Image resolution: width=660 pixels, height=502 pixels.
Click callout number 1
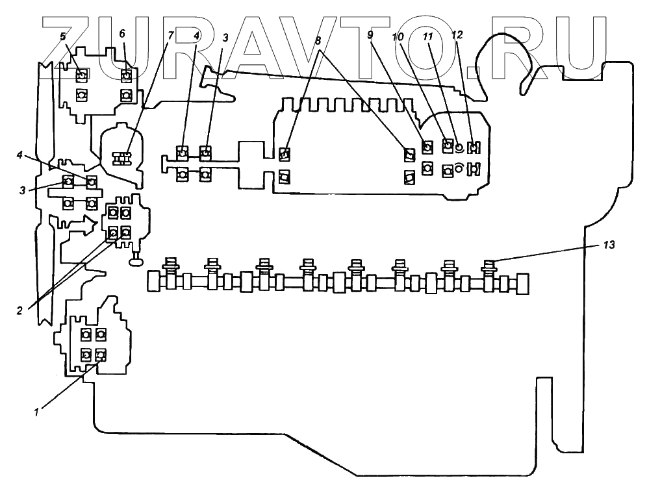[37, 410]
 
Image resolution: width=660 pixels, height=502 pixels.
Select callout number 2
[19, 310]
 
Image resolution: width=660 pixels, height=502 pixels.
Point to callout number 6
[122, 34]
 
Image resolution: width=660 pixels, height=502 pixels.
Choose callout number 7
[171, 36]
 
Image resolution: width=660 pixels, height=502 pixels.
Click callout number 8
[318, 41]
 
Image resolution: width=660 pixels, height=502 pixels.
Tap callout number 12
[457, 36]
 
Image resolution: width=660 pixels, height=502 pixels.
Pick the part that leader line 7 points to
[121, 158]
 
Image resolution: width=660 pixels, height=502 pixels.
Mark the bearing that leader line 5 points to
[81, 76]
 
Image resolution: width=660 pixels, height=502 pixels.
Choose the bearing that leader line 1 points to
[100, 355]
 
